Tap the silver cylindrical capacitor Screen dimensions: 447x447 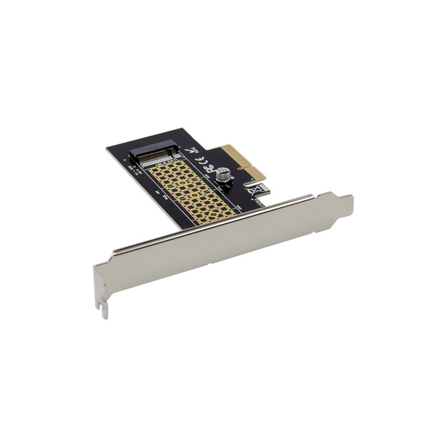[224, 176]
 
